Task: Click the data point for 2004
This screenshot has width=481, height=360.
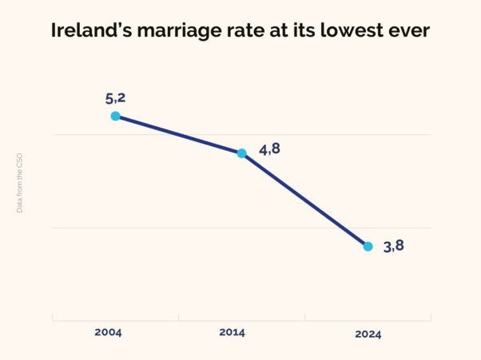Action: click(x=115, y=116)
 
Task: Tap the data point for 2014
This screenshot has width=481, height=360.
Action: click(x=241, y=152)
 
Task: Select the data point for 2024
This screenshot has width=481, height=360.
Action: click(x=368, y=246)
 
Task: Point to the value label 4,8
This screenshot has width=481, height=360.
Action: click(x=270, y=149)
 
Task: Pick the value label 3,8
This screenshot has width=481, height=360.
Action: click(x=394, y=246)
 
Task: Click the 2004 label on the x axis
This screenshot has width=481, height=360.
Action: click(x=107, y=331)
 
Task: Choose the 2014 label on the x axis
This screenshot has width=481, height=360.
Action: click(x=233, y=331)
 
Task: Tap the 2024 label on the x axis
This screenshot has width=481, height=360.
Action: click(x=368, y=334)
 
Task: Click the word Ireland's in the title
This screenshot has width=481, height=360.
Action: click(x=89, y=32)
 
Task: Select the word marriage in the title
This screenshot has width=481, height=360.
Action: click(x=175, y=32)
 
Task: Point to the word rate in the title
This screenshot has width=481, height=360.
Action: click(x=241, y=32)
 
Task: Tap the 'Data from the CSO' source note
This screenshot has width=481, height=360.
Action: click(x=20, y=182)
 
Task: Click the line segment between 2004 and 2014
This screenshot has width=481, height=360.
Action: click(x=178, y=134)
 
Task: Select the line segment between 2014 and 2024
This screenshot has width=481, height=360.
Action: click(x=304, y=200)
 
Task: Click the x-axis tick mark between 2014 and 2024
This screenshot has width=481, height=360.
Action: click(x=304, y=318)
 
